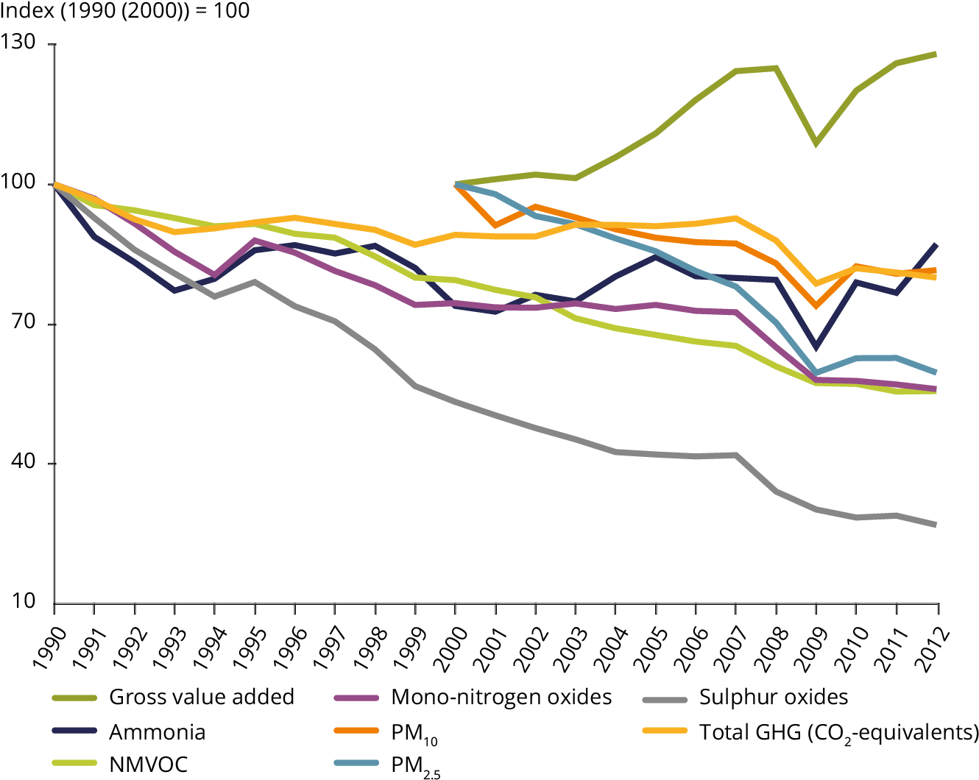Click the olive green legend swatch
(x=74, y=698)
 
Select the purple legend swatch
(x=356, y=698)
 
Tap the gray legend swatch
(x=665, y=700)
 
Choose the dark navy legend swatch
(x=74, y=730)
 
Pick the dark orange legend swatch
(x=356, y=730)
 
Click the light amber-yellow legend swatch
(x=665, y=730)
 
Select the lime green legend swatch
(x=74, y=762)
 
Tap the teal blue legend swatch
(x=356, y=762)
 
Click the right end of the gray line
(x=936, y=525)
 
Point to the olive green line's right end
(x=936, y=54)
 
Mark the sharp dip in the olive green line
(x=816, y=143)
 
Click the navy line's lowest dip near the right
(x=816, y=347)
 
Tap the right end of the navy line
(x=936, y=244)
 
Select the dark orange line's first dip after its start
(x=495, y=225)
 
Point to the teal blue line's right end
(x=936, y=372)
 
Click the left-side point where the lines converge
(x=54, y=185)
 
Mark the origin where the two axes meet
(x=54, y=603)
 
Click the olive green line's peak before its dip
(x=776, y=68)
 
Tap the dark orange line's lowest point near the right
(x=816, y=305)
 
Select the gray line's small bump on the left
(x=254, y=282)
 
